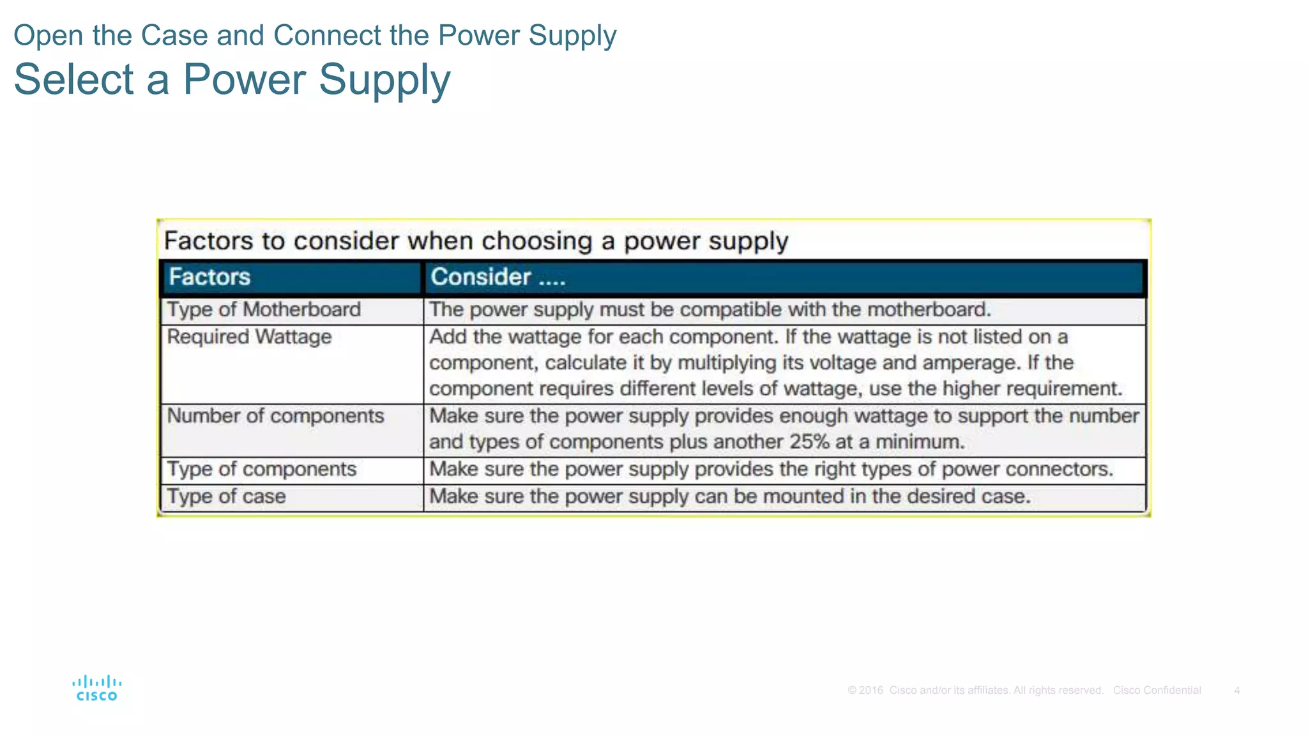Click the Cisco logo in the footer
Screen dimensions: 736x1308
[x=96, y=689]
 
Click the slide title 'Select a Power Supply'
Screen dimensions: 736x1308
[x=232, y=80]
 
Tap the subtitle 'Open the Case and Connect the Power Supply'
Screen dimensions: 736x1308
[x=315, y=35]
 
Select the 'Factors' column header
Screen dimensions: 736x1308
[x=209, y=277]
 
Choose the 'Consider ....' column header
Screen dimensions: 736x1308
[x=498, y=277]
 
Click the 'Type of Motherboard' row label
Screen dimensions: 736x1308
[x=264, y=310]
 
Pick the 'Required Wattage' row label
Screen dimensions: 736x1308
[x=249, y=337]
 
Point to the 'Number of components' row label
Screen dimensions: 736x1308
[x=275, y=416]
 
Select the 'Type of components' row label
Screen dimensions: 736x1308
[x=261, y=470]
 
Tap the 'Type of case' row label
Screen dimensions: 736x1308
[x=226, y=496]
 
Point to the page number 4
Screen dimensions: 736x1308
[x=1237, y=691]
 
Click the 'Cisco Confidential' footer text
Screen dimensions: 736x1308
[x=1157, y=691]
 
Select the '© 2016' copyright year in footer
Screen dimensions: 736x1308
[x=865, y=691]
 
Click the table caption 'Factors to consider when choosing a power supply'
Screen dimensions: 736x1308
[x=476, y=241]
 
